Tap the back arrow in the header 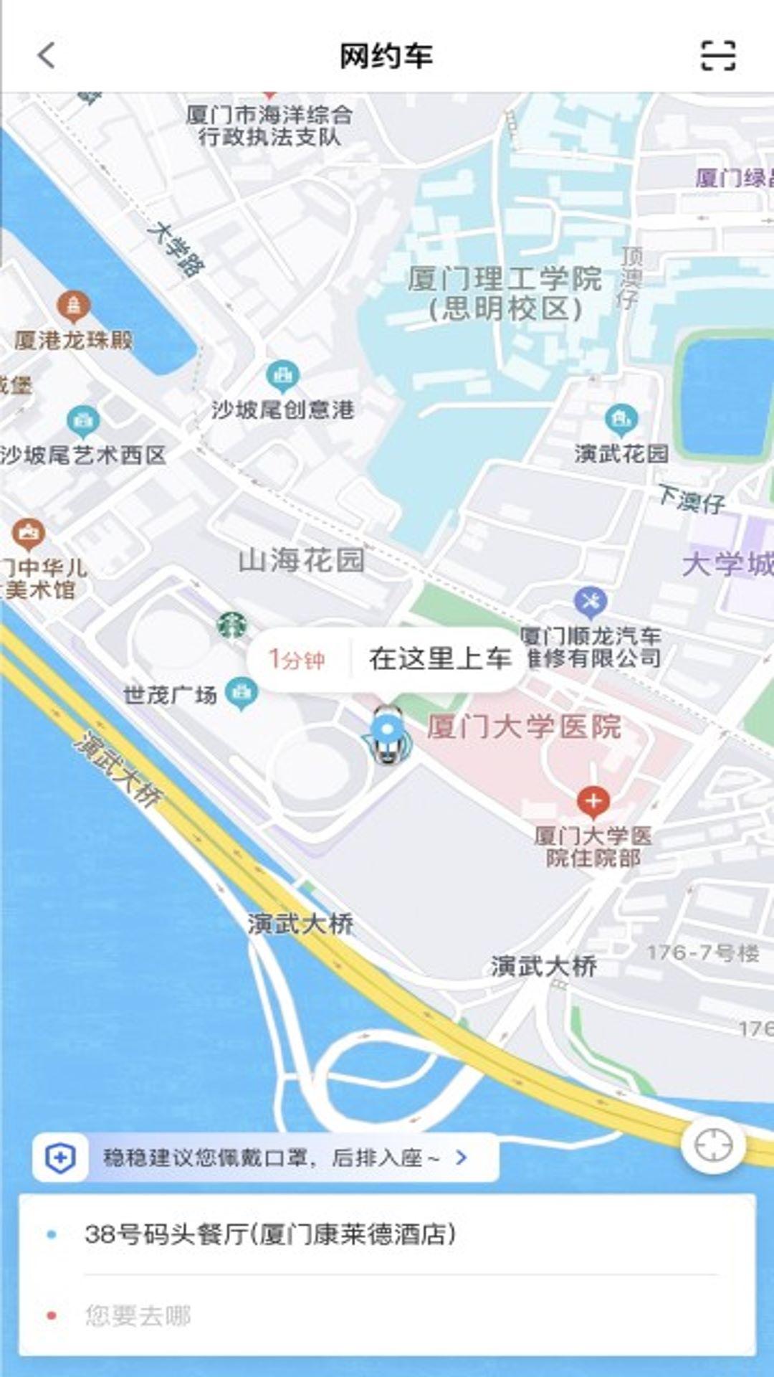click(x=47, y=55)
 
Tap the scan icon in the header click(x=717, y=55)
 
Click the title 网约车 click(x=386, y=56)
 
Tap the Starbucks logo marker click(x=231, y=625)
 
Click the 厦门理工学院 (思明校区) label click(x=505, y=293)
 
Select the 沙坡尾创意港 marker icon click(x=282, y=375)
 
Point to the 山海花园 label click(x=301, y=560)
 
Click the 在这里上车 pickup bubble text click(x=440, y=658)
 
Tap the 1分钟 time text click(x=296, y=659)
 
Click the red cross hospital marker click(x=593, y=800)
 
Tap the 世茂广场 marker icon click(x=242, y=692)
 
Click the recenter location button click(x=713, y=1145)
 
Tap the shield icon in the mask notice click(x=60, y=1158)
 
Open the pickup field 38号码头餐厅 click(x=270, y=1234)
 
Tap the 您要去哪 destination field click(x=138, y=1315)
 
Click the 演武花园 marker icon click(x=621, y=418)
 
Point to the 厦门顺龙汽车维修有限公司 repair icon click(x=591, y=602)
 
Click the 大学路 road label click(x=176, y=249)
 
